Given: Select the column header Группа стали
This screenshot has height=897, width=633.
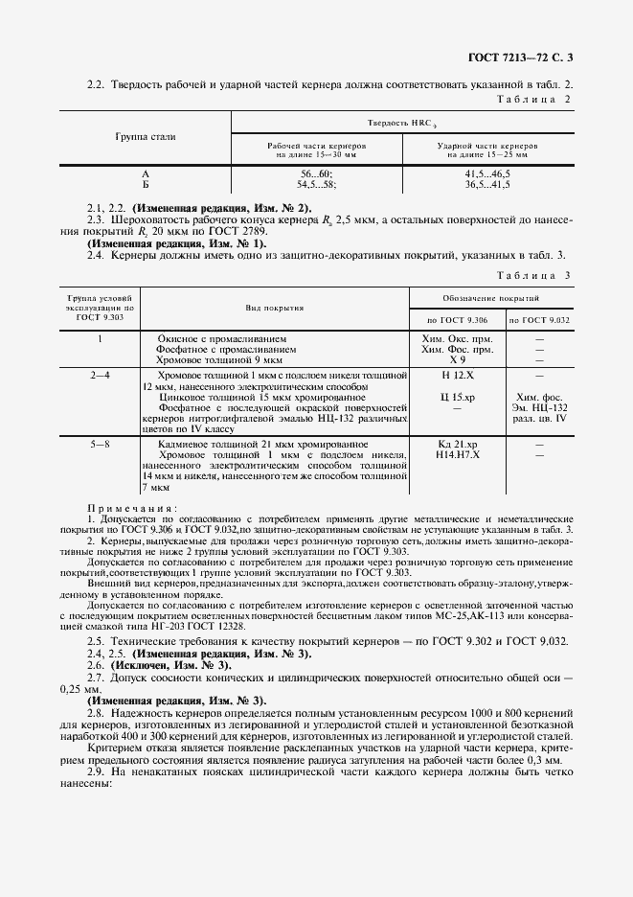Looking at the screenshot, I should [x=146, y=137].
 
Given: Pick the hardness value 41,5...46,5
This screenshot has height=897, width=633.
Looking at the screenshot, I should [x=487, y=172].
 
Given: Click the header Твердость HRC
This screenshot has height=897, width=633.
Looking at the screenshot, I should [x=401, y=124].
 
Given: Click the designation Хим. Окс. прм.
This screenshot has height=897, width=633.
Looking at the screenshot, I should [x=457, y=339].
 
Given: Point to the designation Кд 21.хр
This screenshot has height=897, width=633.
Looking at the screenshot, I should [x=457, y=446].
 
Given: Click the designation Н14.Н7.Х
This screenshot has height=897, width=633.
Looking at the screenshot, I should [x=457, y=456].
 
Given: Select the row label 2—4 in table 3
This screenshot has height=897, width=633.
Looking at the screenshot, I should [x=101, y=376].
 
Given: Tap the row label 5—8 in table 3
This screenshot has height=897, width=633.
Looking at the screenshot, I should [x=101, y=446].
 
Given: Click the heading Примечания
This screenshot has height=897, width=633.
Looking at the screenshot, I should [x=131, y=509].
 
